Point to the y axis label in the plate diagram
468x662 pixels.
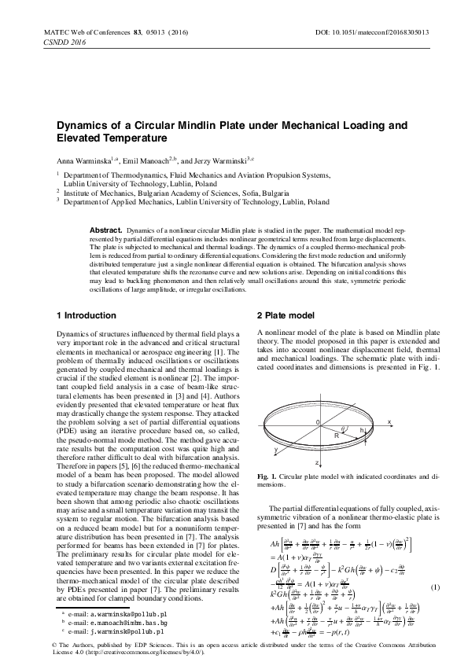coord(276,449)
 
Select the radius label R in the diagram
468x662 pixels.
coord(337,433)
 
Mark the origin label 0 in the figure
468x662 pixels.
coord(318,423)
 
